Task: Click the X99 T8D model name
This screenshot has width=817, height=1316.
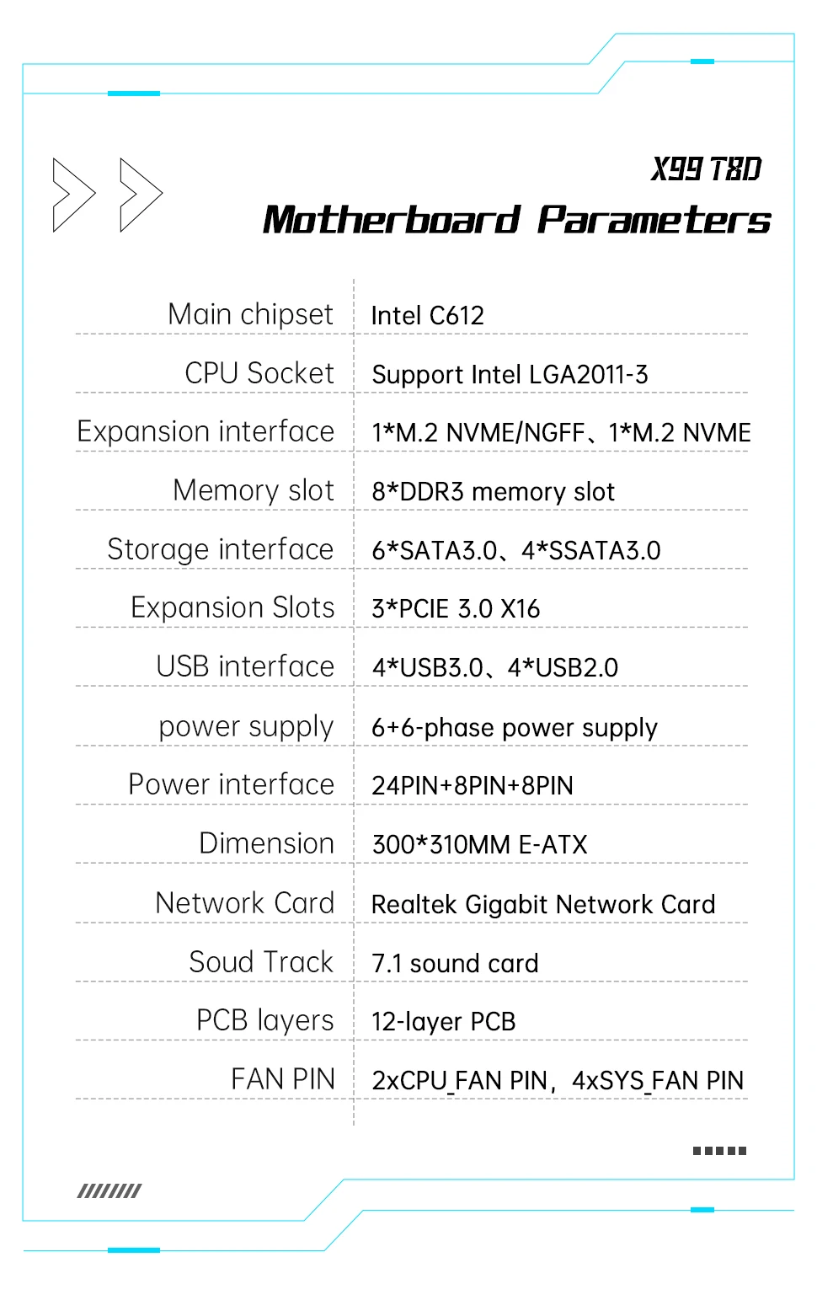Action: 706,169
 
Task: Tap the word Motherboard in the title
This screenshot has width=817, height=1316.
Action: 392,220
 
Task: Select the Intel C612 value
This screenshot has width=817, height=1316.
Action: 427,316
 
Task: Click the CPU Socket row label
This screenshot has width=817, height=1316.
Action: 259,373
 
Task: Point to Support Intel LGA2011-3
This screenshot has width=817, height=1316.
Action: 510,374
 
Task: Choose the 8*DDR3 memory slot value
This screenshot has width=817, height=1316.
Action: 493,491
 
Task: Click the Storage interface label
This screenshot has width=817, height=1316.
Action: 220,549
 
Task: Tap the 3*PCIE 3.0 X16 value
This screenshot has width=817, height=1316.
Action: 456,609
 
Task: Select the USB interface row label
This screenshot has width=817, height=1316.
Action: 245,666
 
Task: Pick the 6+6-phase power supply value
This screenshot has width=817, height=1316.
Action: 514,727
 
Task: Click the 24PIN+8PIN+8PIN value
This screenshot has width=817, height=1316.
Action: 472,785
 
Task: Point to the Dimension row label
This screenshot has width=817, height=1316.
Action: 266,843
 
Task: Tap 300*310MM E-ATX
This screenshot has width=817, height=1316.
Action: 479,844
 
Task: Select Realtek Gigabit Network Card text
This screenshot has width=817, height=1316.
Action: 542,904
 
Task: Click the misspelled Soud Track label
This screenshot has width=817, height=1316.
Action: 261,962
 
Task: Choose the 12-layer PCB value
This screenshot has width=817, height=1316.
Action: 443,1022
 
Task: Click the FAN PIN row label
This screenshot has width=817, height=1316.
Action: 283,1079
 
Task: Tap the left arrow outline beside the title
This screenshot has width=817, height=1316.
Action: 73,195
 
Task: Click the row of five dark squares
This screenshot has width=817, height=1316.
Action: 719,1150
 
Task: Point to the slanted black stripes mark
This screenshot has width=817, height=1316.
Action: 109,1190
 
